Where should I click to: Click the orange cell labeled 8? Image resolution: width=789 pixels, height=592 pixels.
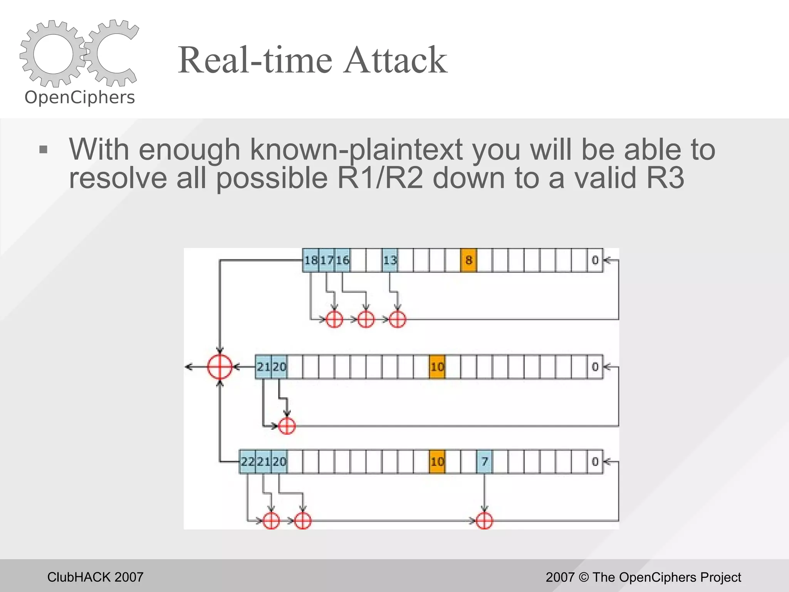coord(468,261)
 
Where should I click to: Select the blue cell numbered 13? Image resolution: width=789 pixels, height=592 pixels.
coord(390,261)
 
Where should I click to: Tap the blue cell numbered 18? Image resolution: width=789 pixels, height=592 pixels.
coord(311,261)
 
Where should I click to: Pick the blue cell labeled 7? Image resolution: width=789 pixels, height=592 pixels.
coord(484,461)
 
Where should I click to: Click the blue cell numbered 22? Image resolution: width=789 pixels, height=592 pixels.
coord(248,461)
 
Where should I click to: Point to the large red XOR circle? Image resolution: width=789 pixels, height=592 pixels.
coord(220,367)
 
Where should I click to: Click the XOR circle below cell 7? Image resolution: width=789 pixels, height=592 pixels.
coord(484,521)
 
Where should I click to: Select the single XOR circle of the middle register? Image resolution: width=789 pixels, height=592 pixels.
coord(287,426)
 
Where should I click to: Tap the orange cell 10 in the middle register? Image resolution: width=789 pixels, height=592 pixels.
coord(437,367)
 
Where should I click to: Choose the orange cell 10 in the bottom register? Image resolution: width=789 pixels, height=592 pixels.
coord(437,461)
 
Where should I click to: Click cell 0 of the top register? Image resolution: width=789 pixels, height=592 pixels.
coord(595,261)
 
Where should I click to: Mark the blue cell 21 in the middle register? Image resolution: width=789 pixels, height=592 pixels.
coord(264,367)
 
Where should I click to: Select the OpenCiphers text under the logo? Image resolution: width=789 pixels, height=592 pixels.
coord(80,97)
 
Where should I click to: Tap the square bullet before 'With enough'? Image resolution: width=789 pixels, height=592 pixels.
coord(43,150)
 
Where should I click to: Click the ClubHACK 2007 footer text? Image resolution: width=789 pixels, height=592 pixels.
coord(95,577)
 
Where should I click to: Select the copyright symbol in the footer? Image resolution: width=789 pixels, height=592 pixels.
coord(584,577)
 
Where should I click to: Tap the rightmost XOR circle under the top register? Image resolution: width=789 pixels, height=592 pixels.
coord(397,319)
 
